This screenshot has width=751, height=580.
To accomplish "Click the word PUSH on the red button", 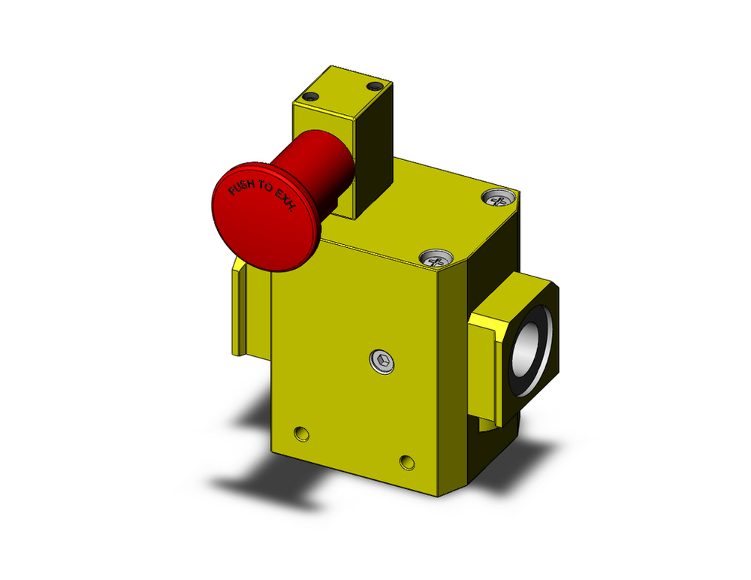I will coord(242,188).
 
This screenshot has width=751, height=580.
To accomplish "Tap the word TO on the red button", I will coord(264,193).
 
